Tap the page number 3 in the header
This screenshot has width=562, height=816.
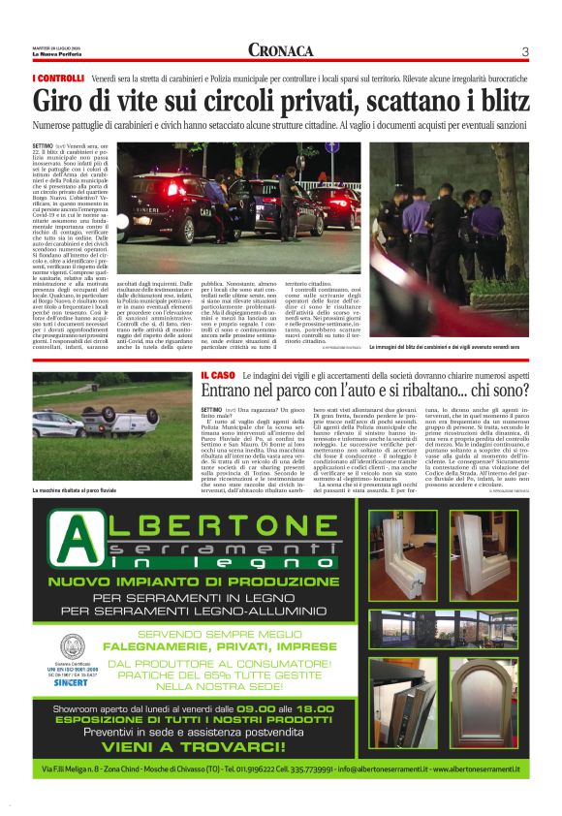pos(524,51)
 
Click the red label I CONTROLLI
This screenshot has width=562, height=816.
pos(60,78)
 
